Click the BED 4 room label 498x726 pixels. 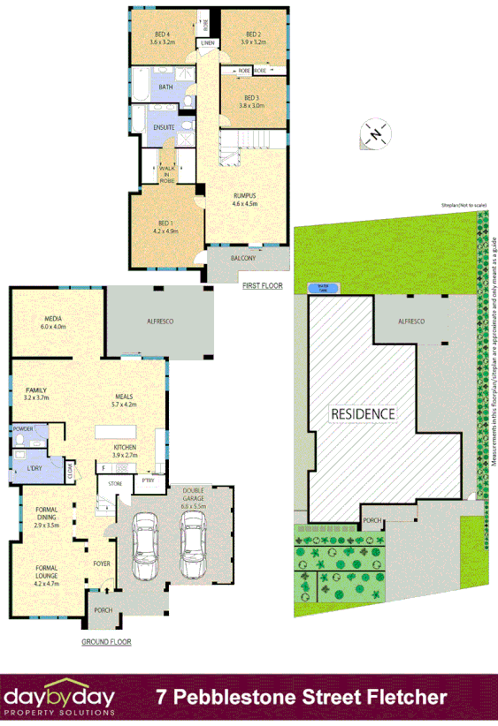(163, 36)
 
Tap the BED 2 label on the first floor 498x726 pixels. (253, 36)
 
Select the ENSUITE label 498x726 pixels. (164, 128)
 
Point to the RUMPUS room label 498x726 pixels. (244, 195)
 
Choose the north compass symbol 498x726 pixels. (375, 134)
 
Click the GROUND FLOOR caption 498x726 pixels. (106, 642)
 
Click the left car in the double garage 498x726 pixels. (144, 546)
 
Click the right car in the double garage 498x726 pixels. (193, 546)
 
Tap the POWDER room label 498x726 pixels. (23, 428)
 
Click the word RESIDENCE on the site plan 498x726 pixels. (364, 413)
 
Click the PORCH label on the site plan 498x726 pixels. (372, 520)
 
